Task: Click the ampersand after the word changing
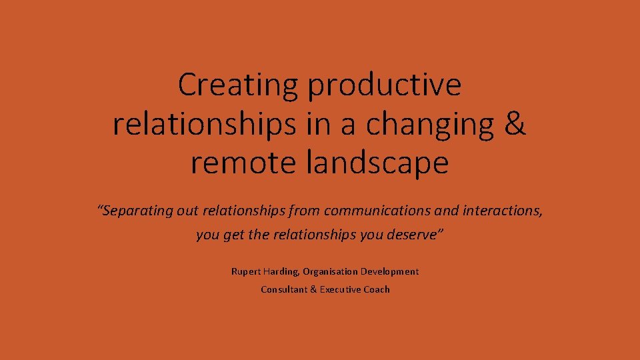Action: coord(515,124)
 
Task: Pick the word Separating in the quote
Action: coord(138,211)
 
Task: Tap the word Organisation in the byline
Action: coord(330,272)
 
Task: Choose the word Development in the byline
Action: coord(390,272)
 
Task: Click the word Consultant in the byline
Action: coord(284,289)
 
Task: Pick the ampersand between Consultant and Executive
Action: coord(313,289)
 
